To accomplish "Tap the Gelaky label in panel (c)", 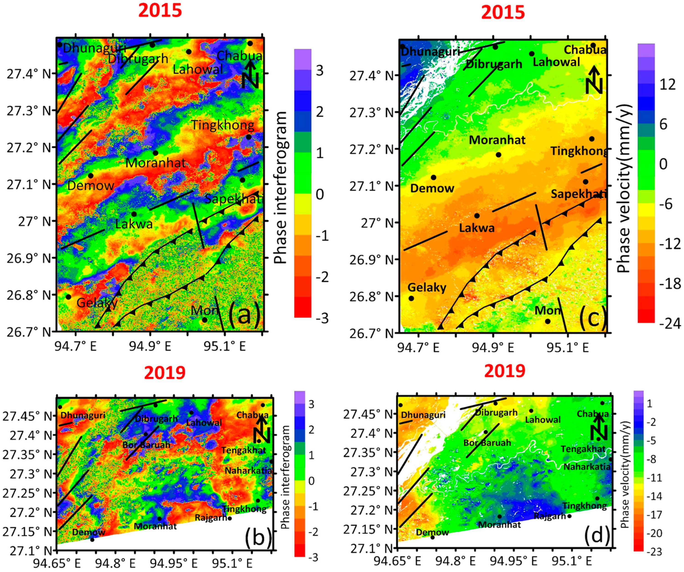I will (x=427, y=287).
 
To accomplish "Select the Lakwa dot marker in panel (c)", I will (x=477, y=215).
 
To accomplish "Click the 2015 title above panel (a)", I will (x=160, y=11).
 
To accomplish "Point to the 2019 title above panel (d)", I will (x=505, y=371).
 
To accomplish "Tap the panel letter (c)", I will (x=593, y=318).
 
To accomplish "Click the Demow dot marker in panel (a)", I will (x=91, y=176).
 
